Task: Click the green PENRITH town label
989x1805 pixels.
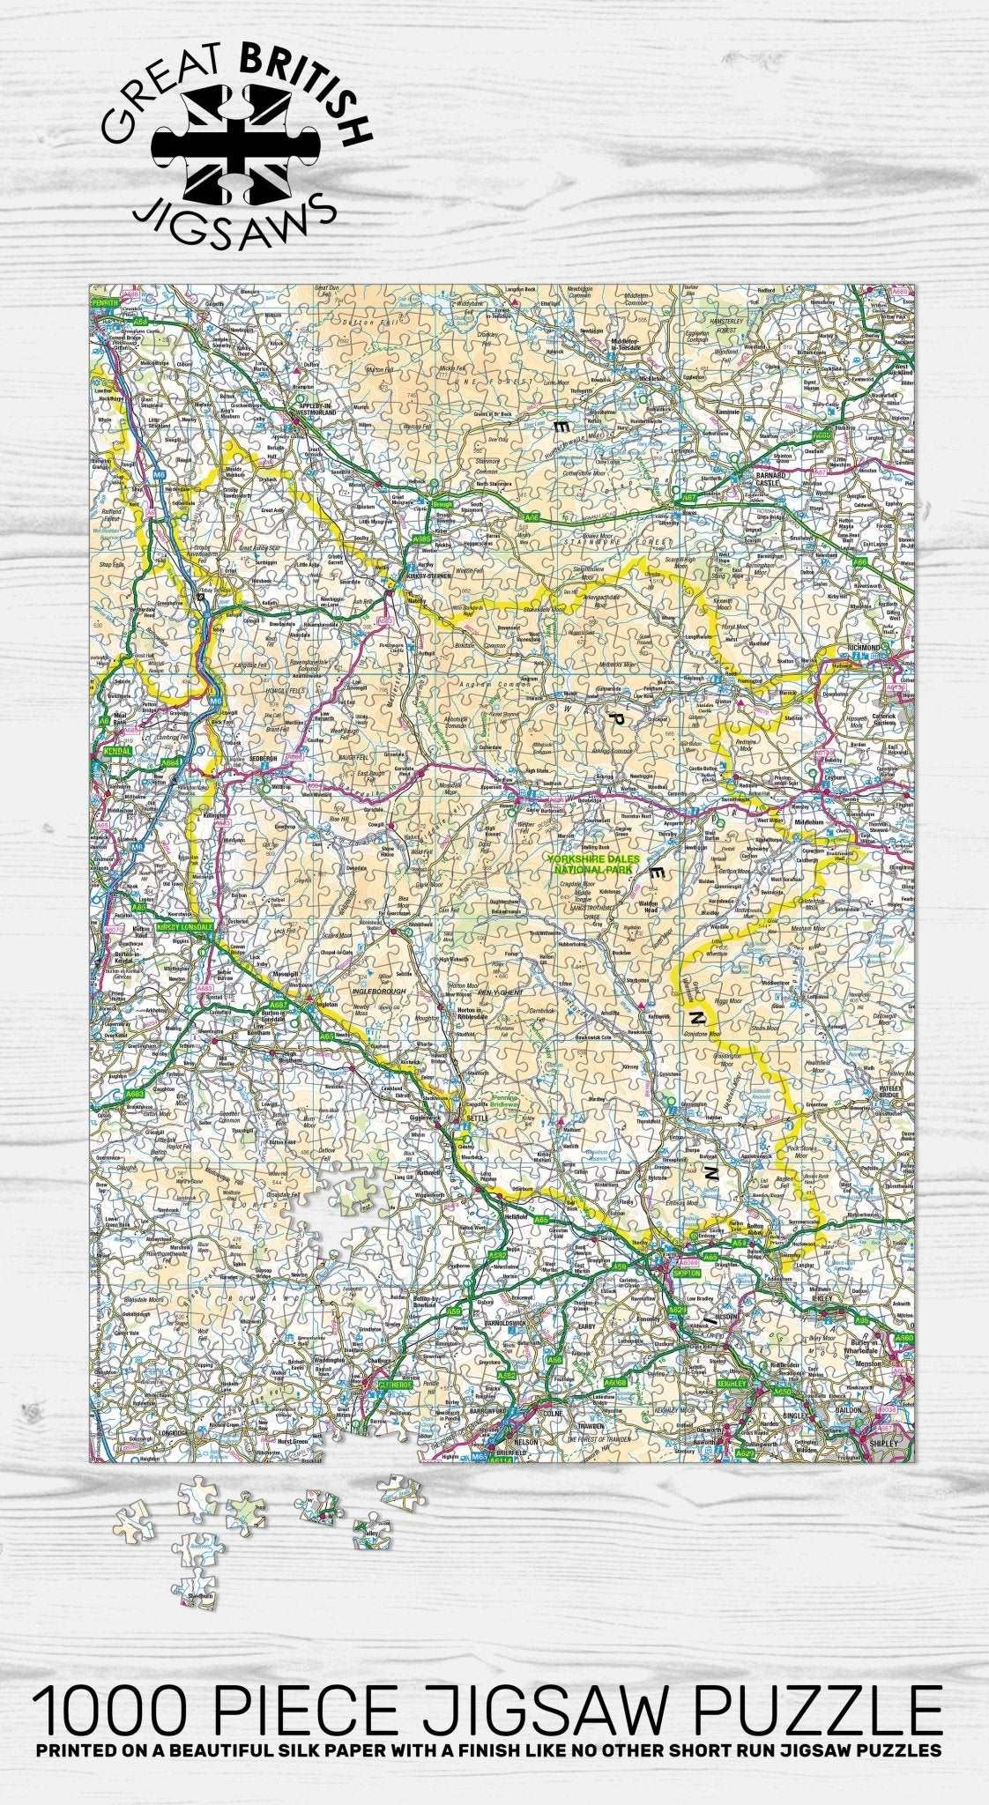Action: click(x=105, y=302)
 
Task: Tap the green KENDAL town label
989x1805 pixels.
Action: click(x=116, y=752)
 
